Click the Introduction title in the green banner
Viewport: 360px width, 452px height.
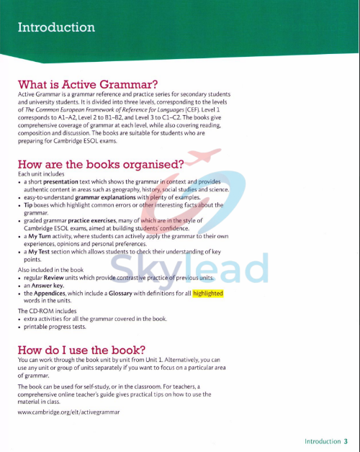[56, 28]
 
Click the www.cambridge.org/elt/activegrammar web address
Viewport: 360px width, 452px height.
[69, 412]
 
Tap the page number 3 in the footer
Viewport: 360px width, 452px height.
[346, 441]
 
